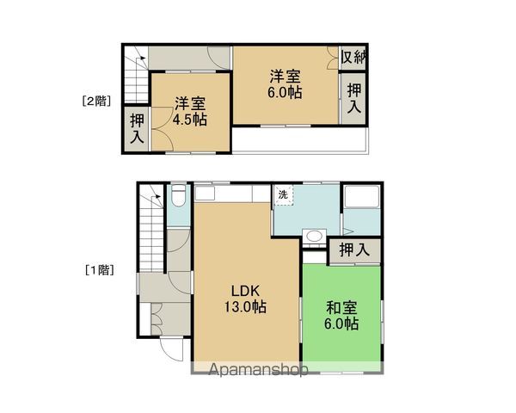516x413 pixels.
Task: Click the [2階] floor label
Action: (x=96, y=102)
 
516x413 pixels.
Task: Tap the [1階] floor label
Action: (x=100, y=270)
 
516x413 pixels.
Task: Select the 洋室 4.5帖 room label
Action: (x=190, y=112)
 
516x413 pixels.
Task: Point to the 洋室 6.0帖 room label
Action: (x=285, y=84)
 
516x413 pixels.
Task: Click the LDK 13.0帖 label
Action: (x=245, y=299)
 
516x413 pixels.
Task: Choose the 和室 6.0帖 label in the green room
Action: (x=341, y=316)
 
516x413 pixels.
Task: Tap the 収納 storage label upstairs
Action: (x=353, y=58)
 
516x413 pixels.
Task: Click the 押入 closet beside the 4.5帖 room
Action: (x=137, y=129)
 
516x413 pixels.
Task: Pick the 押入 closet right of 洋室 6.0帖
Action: (x=354, y=98)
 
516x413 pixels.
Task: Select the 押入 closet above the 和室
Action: (x=354, y=250)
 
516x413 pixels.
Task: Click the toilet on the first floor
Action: (x=179, y=195)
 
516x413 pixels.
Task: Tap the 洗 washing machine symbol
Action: (x=283, y=195)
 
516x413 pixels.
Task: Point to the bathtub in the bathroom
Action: (x=362, y=197)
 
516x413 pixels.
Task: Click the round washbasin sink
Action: (x=314, y=236)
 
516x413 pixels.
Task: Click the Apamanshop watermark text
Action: (x=258, y=369)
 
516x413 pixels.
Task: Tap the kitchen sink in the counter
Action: (x=205, y=193)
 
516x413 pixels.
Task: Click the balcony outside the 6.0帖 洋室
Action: (x=299, y=140)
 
